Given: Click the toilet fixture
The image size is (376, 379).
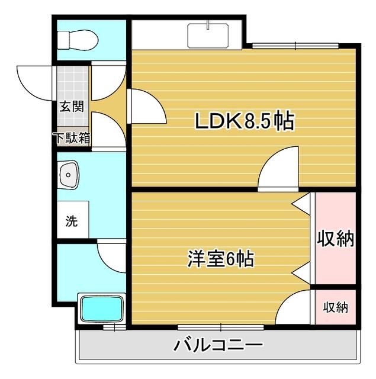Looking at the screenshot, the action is [x=78, y=40].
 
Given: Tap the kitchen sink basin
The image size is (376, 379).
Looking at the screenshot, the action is [x=208, y=36].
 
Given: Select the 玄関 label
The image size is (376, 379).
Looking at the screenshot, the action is [x=72, y=107].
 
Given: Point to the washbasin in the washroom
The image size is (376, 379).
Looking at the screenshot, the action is [x=68, y=175].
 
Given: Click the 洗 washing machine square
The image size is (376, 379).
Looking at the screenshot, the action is [x=73, y=220].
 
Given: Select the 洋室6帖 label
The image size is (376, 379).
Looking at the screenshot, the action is [x=221, y=259].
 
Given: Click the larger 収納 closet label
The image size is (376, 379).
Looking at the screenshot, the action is [x=335, y=239].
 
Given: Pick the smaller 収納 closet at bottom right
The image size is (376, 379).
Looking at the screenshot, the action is [x=336, y=307].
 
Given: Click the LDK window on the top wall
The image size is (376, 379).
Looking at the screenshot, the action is [x=295, y=46].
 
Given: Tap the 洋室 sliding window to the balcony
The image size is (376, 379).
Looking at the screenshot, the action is [x=221, y=327].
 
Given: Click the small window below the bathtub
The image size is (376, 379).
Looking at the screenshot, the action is [x=114, y=327].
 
